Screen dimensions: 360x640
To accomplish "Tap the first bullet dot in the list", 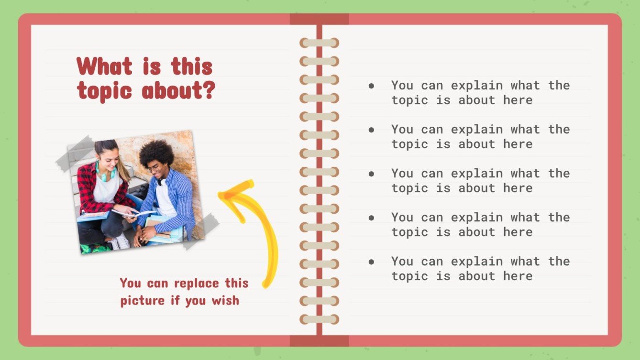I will [371, 86].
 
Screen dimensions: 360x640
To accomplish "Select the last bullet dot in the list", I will [371, 262].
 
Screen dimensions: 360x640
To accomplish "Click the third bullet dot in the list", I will [371, 174].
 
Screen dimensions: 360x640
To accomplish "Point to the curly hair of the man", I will [156, 152].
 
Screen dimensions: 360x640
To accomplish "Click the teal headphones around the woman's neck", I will [105, 173].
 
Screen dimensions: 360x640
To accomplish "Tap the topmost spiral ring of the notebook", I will [319, 43].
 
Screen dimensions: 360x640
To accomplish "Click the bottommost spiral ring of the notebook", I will [319, 319].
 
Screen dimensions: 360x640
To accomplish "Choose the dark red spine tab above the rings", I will [319, 19].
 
